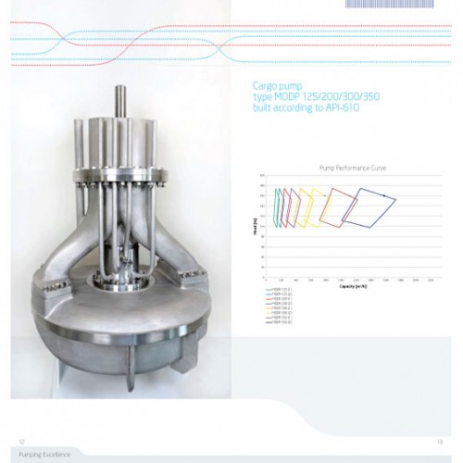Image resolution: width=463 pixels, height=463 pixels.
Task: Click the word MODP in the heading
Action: coord(281,96)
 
